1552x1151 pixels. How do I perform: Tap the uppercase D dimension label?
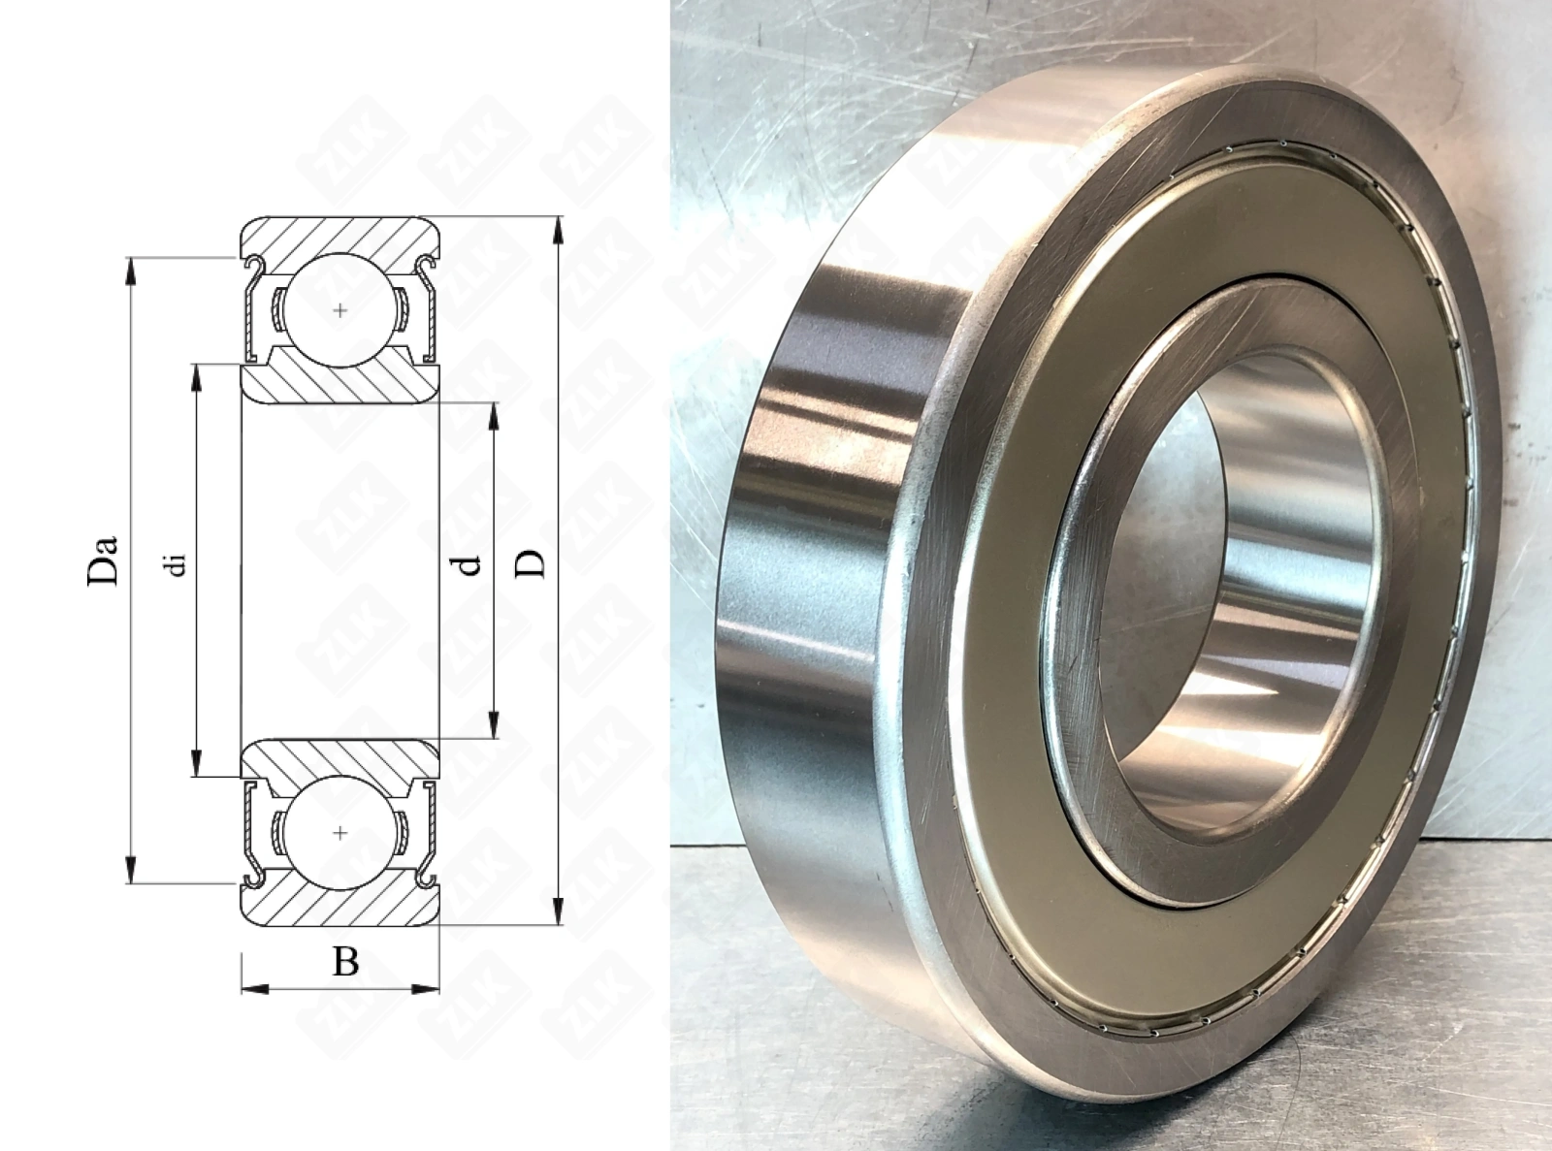pos(530,564)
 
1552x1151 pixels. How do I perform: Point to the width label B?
pos(345,961)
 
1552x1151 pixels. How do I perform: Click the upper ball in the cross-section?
pos(340,309)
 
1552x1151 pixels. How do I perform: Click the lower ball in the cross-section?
pos(340,833)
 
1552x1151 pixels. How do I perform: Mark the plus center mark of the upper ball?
pos(340,310)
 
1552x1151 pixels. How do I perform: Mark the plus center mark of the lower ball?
pos(340,833)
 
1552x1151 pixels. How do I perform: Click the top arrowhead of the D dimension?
pos(558,231)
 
